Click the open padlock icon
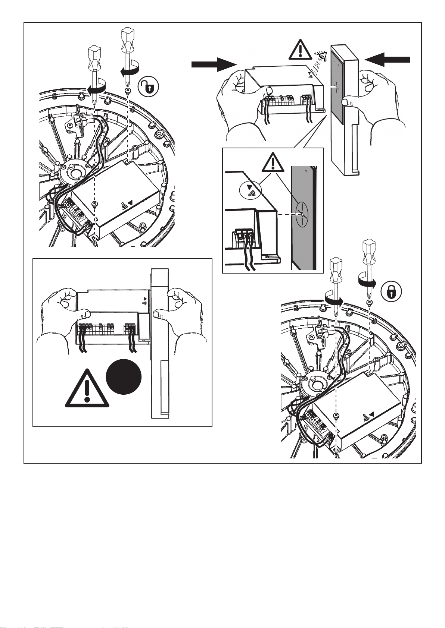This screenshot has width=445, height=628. coord(148,88)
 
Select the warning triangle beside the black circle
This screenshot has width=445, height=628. coord(87,390)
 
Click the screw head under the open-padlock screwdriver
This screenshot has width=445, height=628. coord(128,90)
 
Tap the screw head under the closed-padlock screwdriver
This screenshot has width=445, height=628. coord(369,302)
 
